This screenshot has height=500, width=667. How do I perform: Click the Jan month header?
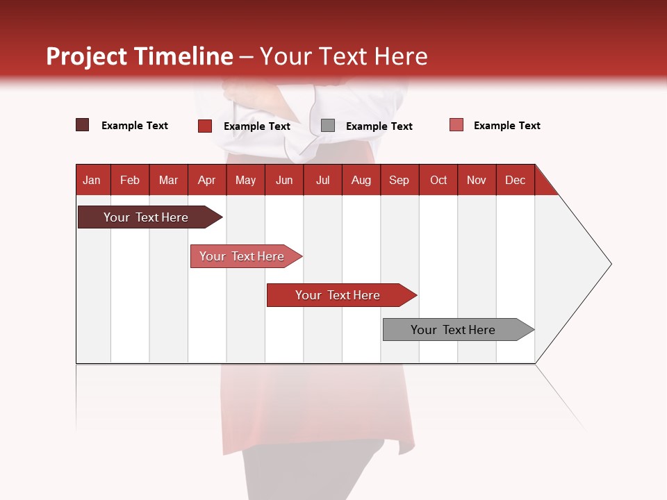pos(92,180)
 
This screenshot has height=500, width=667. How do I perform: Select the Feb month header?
pos(130,180)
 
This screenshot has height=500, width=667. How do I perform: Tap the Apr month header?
pos(206,180)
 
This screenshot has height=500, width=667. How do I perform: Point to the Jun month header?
pos(284,180)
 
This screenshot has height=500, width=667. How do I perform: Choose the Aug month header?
pos(361,180)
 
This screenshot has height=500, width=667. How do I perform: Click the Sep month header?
pos(399,180)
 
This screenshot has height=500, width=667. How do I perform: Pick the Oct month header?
pos(438,180)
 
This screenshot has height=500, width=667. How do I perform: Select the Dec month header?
pos(515,180)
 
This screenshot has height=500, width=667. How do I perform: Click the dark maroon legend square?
pos(83,125)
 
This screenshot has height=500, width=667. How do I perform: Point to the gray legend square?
pos(328,126)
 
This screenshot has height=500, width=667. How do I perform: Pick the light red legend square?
pos(456,125)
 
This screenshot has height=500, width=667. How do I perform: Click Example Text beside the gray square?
pos(379,126)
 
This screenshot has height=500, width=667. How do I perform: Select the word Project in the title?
pos(86,56)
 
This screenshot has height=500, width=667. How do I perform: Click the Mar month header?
pos(168,180)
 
